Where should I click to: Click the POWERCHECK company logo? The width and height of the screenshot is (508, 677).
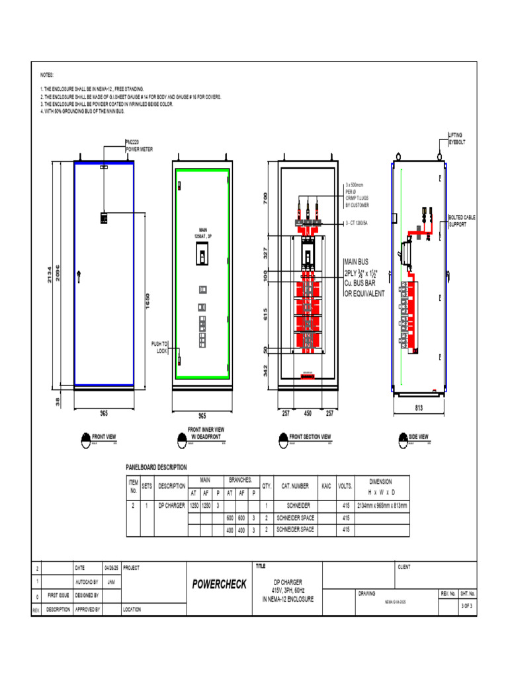click(x=219, y=584)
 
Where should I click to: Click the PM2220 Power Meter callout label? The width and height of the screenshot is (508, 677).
click(x=140, y=145)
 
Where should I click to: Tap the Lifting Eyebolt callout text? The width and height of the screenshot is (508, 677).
click(x=459, y=138)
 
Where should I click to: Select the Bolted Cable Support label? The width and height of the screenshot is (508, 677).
click(x=462, y=220)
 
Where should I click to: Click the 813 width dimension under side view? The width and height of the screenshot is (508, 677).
click(x=419, y=409)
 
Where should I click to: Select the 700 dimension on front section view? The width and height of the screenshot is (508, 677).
click(x=266, y=197)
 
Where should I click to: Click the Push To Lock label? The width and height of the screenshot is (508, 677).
click(x=159, y=348)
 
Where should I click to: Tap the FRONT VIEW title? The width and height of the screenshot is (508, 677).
click(x=104, y=437)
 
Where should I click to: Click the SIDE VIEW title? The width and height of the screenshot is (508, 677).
click(x=418, y=437)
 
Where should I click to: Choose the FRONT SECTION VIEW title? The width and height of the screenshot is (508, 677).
click(x=310, y=437)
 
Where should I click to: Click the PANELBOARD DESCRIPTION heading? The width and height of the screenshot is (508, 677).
click(x=156, y=467)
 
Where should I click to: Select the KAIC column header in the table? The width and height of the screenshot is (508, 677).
click(x=325, y=486)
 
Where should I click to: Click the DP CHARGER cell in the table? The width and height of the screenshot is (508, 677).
click(x=171, y=506)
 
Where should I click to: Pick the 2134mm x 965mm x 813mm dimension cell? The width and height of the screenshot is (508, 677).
click(x=383, y=506)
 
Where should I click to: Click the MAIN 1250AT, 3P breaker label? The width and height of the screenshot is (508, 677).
click(x=202, y=233)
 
